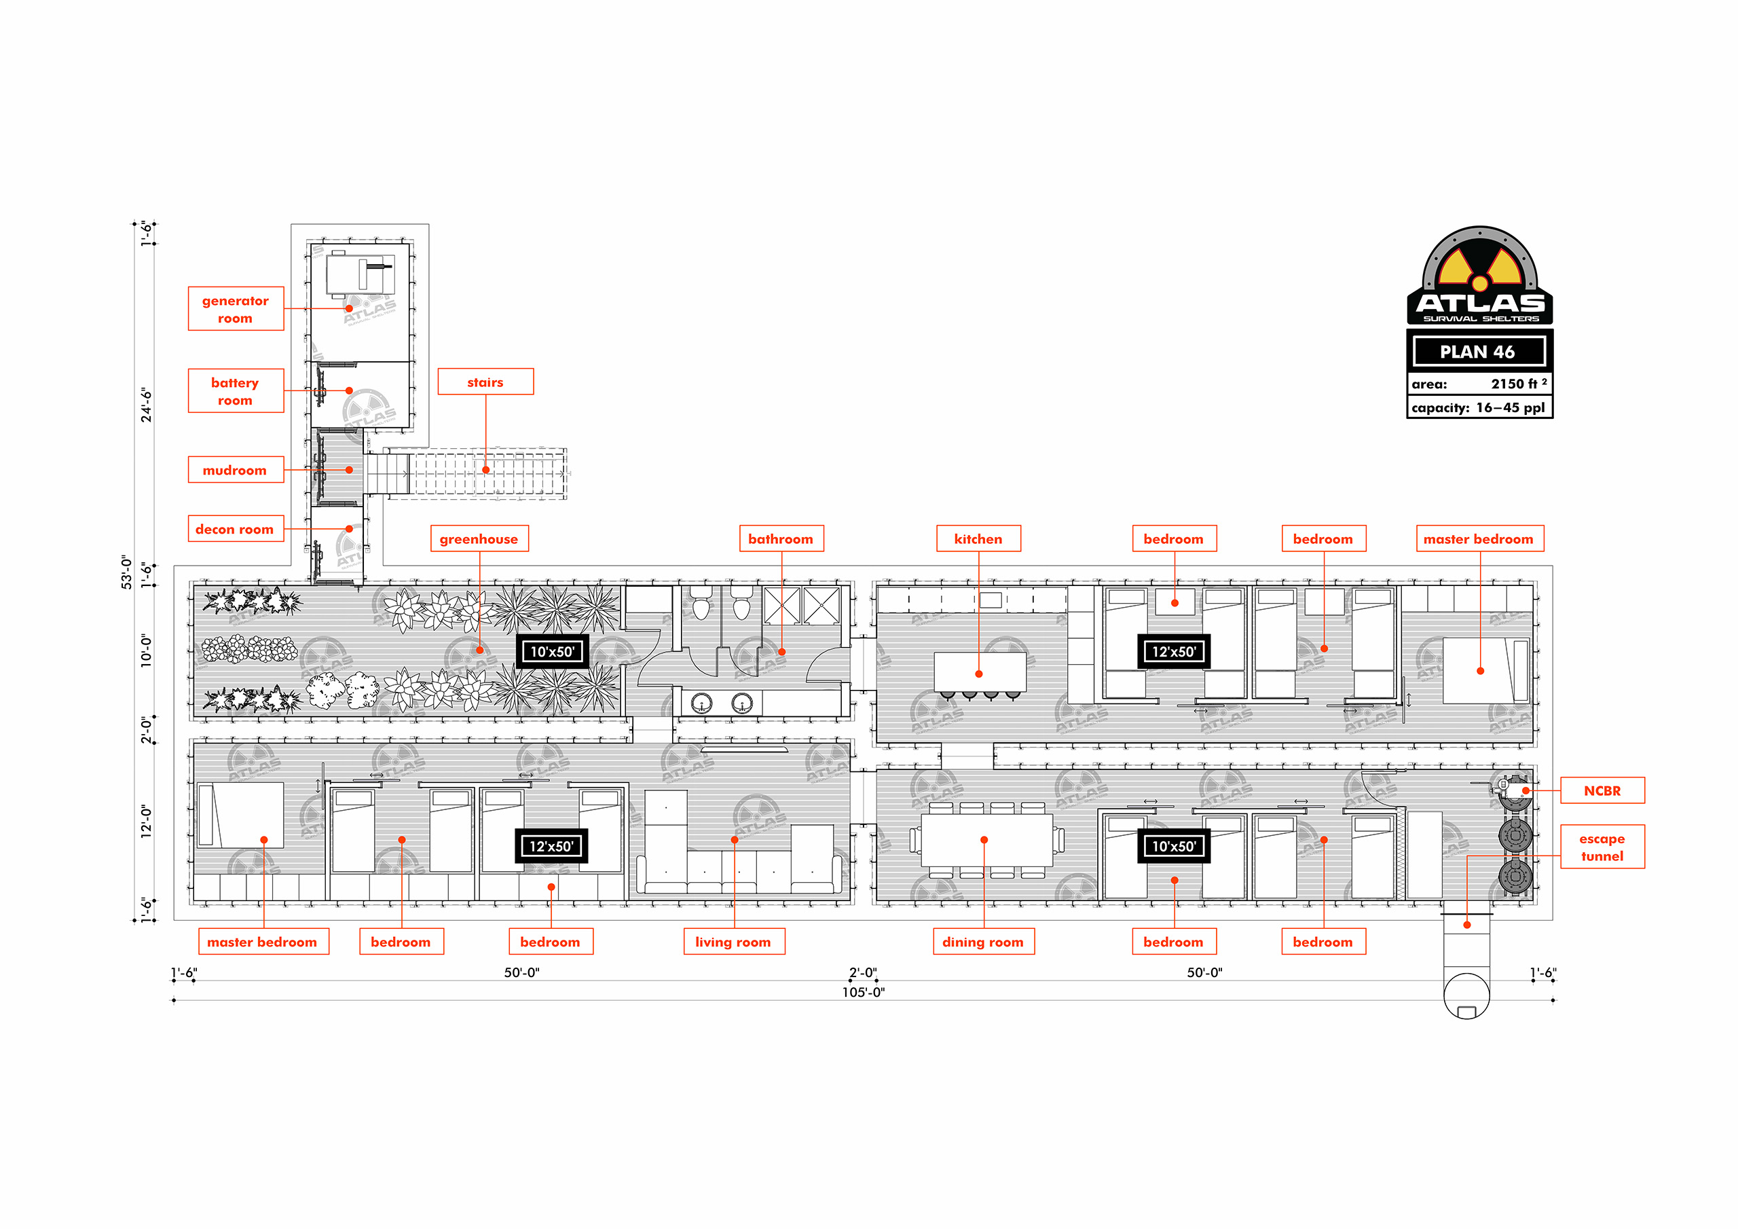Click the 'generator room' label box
point(236,309)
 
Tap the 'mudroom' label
point(236,471)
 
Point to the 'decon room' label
point(236,530)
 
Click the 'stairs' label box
point(485,382)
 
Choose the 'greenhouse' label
point(479,539)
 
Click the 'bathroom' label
point(781,539)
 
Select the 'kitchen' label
point(978,539)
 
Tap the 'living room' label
point(733,942)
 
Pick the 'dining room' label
point(983,942)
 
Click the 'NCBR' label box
point(1602,790)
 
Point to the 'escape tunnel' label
point(1602,847)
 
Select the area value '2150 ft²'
point(1519,384)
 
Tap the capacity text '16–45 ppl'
point(1510,407)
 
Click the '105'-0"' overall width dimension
point(864,992)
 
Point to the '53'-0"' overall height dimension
point(127,572)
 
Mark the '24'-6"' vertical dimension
point(147,405)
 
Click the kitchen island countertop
point(980,672)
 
